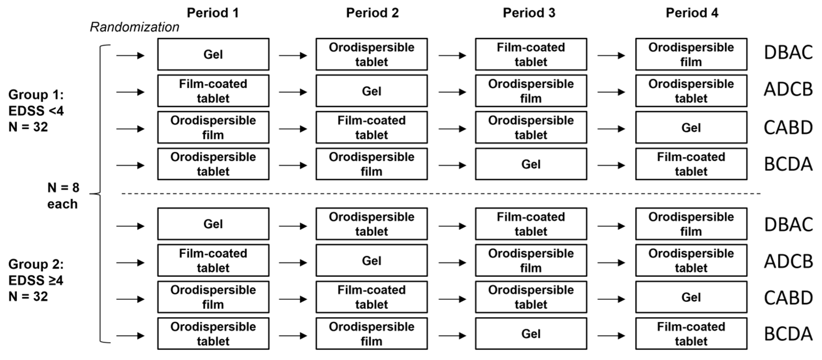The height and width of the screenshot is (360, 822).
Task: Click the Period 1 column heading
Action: [x=213, y=13]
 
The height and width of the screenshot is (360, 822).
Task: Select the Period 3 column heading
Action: [x=529, y=13]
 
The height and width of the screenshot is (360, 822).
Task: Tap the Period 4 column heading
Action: [x=692, y=13]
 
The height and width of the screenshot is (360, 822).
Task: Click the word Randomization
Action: [x=134, y=27]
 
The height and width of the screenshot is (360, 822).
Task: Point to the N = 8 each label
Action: [x=63, y=196]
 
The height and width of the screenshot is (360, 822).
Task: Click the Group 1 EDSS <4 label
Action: [x=36, y=111]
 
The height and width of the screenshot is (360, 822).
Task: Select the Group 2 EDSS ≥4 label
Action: [x=36, y=280]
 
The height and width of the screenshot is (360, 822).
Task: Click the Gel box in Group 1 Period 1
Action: [x=213, y=54]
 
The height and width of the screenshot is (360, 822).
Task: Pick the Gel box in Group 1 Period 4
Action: [x=691, y=127]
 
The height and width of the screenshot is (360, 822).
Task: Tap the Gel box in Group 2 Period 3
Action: [x=531, y=334]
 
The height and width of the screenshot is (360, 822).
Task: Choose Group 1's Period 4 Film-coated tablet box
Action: [x=691, y=164]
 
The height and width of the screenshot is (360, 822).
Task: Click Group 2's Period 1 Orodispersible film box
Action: [x=213, y=297]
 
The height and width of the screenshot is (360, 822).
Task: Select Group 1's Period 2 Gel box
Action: [x=372, y=91]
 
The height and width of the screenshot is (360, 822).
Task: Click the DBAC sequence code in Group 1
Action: [x=788, y=53]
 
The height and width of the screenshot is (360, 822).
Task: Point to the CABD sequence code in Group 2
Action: [x=788, y=298]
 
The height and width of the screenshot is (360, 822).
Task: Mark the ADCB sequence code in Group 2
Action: [x=788, y=261]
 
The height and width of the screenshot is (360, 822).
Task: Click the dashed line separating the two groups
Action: [x=441, y=193]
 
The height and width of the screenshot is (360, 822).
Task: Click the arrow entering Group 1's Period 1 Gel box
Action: [x=131, y=56]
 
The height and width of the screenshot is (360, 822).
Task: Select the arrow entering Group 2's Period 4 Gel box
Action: [x=612, y=299]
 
